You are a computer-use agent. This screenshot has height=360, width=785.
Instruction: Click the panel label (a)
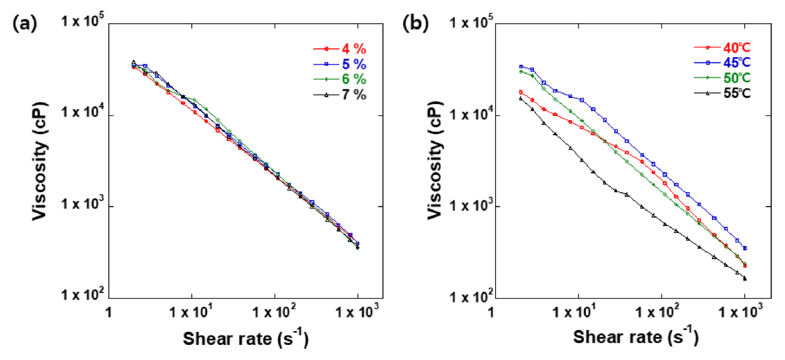(x=23, y=25)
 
